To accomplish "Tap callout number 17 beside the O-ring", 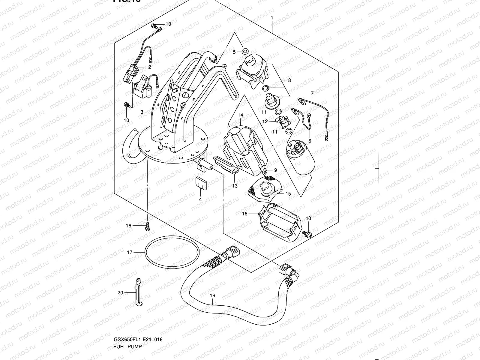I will [x=129, y=253].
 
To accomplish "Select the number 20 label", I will [x=120, y=292].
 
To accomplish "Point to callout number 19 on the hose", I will [x=212, y=296].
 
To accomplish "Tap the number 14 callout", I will [x=241, y=115].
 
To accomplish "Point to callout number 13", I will [x=235, y=186].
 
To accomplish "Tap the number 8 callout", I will [x=289, y=80].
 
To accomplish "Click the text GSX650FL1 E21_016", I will [x=140, y=340].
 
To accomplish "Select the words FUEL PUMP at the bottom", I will [x=127, y=347].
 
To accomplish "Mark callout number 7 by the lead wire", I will [x=312, y=93].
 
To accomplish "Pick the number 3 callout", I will [x=142, y=112].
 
